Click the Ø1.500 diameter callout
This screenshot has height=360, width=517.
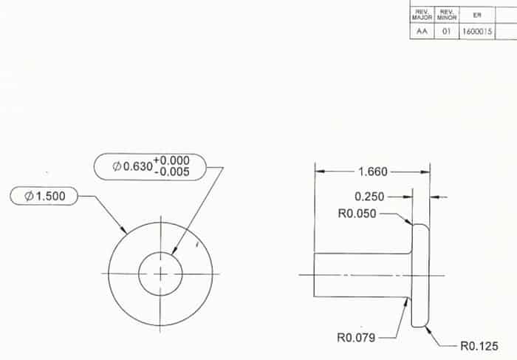44,196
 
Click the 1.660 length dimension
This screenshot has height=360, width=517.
373,172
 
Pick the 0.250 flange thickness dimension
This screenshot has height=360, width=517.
370,197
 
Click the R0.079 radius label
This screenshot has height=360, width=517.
356,338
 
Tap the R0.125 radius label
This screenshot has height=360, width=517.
479,345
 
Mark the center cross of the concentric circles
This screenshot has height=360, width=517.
160,274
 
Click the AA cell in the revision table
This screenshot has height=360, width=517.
422,32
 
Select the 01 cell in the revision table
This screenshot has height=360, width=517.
446,32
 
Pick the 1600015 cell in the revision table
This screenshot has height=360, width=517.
477,32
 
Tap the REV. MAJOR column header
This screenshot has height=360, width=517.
422,14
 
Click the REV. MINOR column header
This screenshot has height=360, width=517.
446,14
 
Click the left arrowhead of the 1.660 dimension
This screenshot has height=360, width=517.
319,172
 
